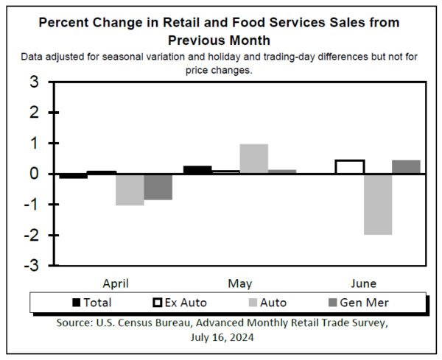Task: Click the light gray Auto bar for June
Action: coord(377,204)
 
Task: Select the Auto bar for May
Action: coord(253,158)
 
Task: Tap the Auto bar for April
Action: coord(130,189)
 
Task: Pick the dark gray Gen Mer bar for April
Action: coord(158,186)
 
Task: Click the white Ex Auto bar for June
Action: coord(349,167)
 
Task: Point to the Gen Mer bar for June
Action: coord(406,167)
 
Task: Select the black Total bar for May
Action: coord(197,170)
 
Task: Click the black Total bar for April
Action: coord(74,176)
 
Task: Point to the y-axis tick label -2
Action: coord(32,235)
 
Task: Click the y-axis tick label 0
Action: coord(34,174)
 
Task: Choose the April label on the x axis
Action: coord(116,283)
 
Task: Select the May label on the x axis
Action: coord(240,283)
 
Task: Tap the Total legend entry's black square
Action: coord(76,303)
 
